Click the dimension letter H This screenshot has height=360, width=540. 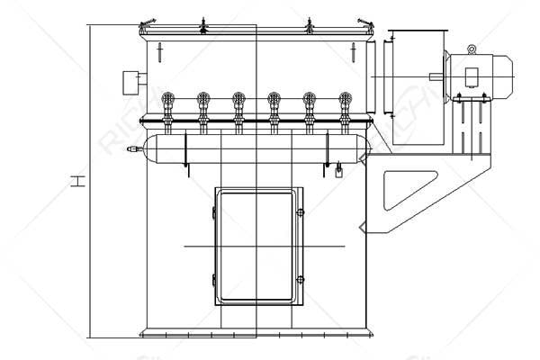coord(79,182)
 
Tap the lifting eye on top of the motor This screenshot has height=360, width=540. coord(472,49)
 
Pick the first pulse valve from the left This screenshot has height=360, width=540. coord(166,103)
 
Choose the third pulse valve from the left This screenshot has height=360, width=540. coord(238,103)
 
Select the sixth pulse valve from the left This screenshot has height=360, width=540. coord(345,103)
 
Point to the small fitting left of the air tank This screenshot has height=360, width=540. coord(133,149)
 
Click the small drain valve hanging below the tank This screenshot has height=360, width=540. coord(337,170)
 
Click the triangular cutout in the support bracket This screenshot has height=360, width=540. coord(398,191)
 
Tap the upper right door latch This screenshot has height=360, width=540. coord(301,212)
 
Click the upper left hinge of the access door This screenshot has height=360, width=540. coord(213,212)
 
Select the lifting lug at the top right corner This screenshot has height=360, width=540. coord(364,21)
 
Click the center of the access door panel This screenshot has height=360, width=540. coord(256,245)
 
